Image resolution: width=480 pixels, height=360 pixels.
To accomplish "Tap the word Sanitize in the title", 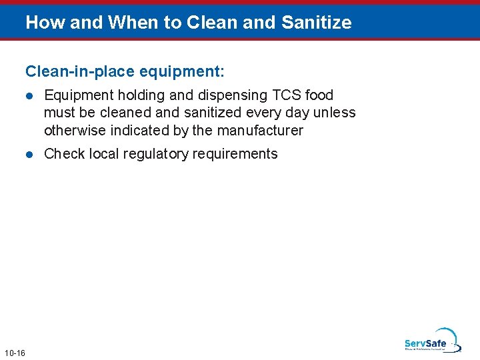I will coord(317,23).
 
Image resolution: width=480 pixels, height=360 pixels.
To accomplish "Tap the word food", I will coord(319,95).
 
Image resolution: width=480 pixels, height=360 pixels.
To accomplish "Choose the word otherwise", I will coord(74,130).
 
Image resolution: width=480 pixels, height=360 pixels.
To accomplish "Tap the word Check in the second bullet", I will coord(64,154).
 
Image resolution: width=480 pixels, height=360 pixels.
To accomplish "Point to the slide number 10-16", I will coord(14,352).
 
